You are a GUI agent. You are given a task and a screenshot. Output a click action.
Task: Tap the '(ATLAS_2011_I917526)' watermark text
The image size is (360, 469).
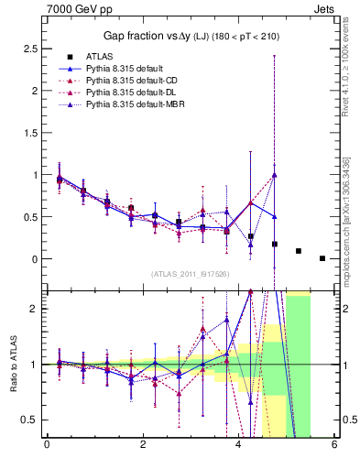(x=191, y=274)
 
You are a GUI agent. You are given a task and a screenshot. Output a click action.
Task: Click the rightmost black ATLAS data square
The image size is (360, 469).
(x=322, y=258)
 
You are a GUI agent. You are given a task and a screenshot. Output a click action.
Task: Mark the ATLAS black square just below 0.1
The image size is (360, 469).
(x=299, y=250)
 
